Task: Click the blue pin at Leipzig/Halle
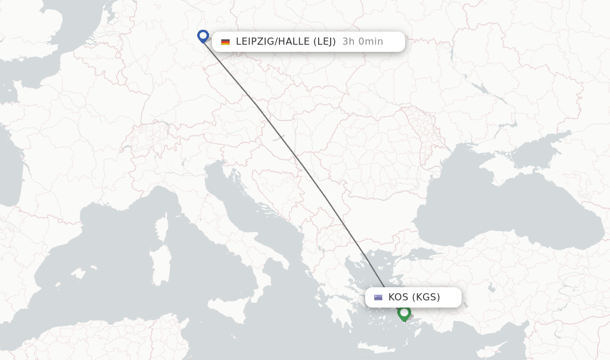pyautogui.click(x=203, y=36)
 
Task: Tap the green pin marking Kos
pyautogui.click(x=404, y=312)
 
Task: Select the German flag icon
pyautogui.click(x=225, y=42)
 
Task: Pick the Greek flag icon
pyautogui.click(x=378, y=297)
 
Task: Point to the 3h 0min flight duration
pyautogui.click(x=363, y=42)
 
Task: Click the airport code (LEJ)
pyautogui.click(x=322, y=42)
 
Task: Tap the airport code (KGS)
pyautogui.click(x=426, y=297)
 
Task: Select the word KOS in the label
pyautogui.click(x=398, y=297)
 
